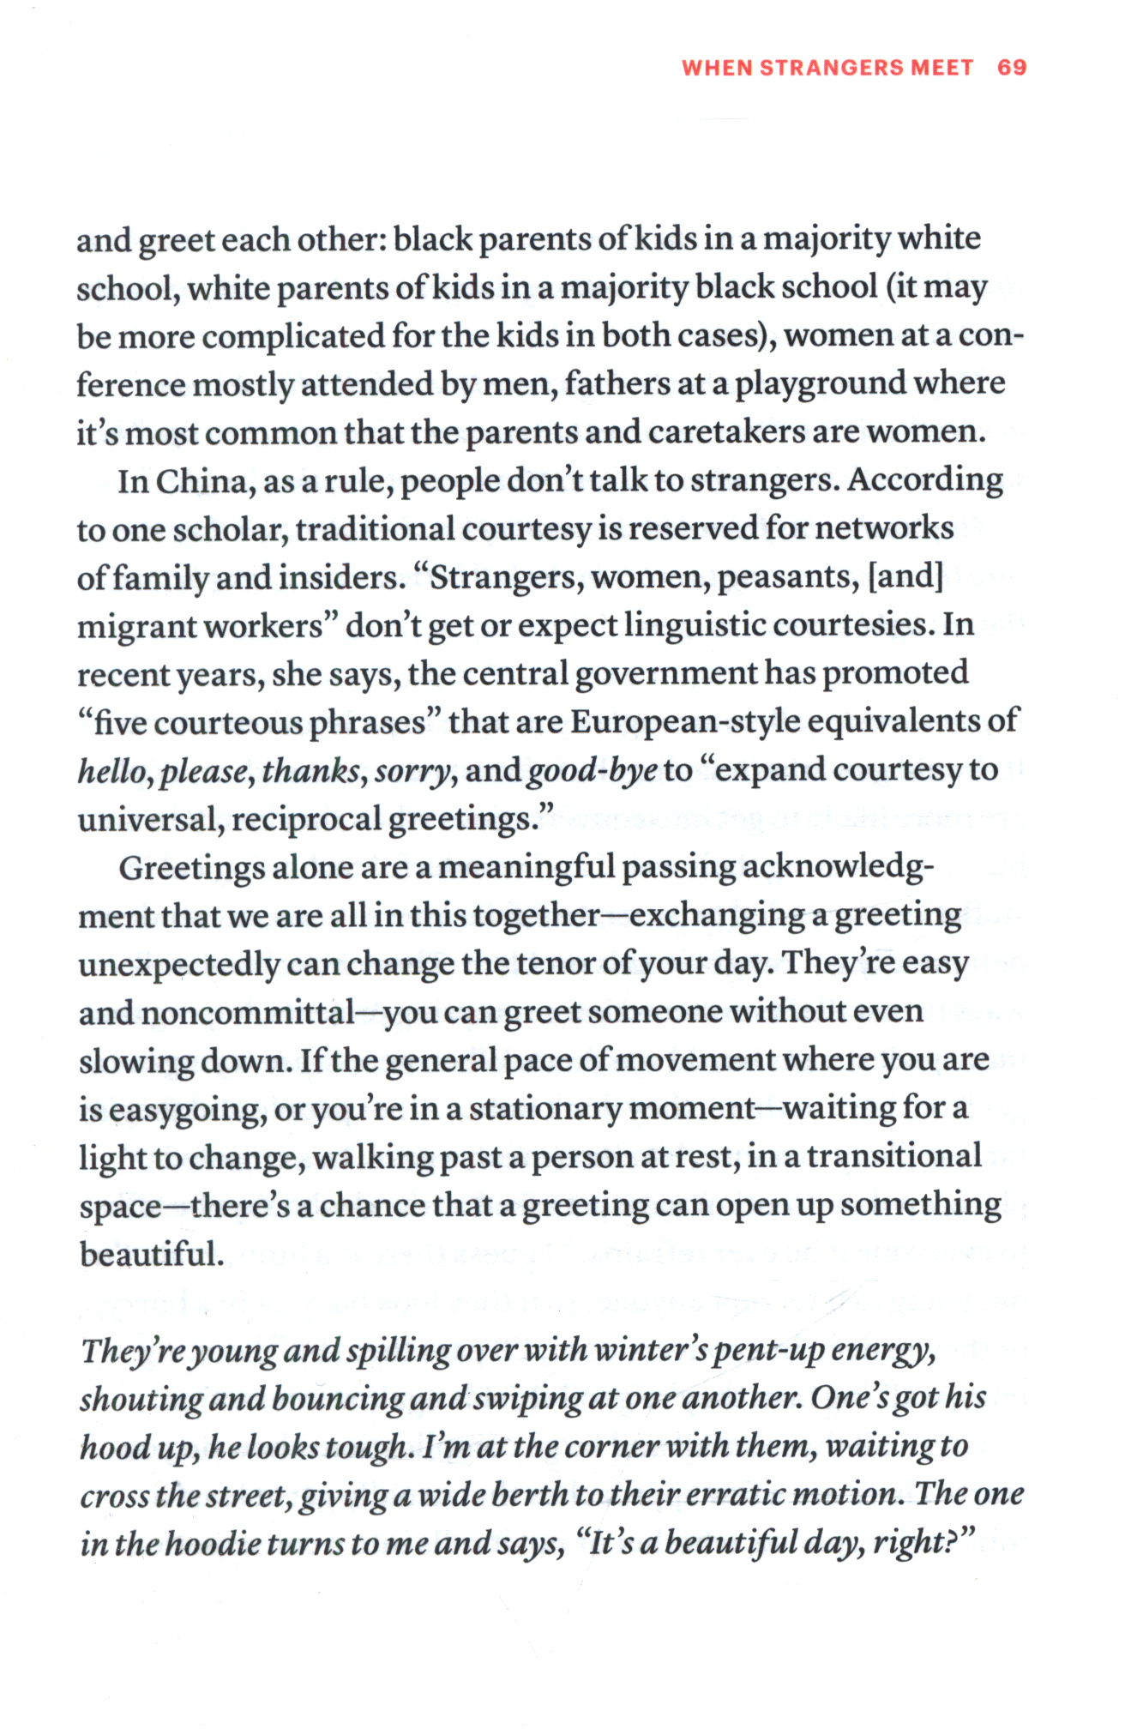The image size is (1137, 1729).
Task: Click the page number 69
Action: (1012, 68)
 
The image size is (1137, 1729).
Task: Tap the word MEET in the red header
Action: (941, 68)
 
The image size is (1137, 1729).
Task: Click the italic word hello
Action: (115, 771)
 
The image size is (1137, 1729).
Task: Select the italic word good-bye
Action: (592, 771)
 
